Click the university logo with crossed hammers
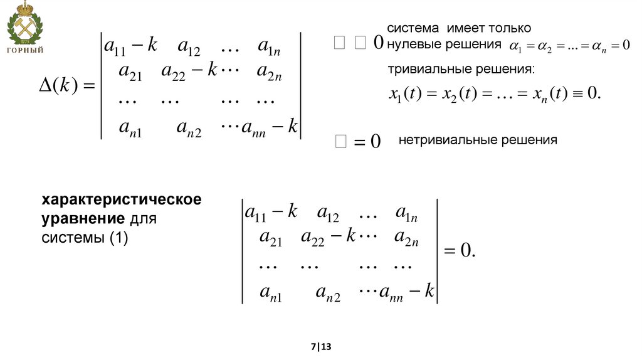pyautogui.click(x=24, y=24)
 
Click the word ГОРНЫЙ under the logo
pyautogui.click(x=25, y=50)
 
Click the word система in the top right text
pyautogui.click(x=414, y=28)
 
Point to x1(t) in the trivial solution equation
pyautogui.click(x=405, y=95)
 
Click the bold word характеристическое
pyautogui.click(x=122, y=200)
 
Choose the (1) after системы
pyautogui.click(x=118, y=239)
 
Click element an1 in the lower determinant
pyautogui.click(x=271, y=293)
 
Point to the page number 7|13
pyautogui.click(x=320, y=346)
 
